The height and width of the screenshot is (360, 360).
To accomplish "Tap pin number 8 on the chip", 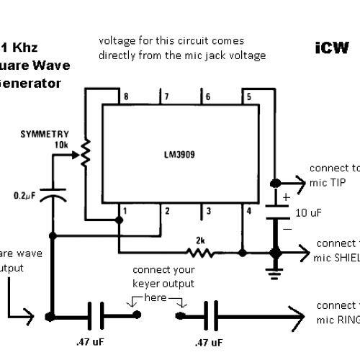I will pyautogui.click(x=127, y=96).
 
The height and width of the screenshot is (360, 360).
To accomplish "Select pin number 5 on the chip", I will pyautogui.click(x=248, y=96).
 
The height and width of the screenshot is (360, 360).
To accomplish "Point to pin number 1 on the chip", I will pyautogui.click(x=125, y=210).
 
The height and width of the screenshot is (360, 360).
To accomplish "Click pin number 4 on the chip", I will pyautogui.click(x=248, y=210).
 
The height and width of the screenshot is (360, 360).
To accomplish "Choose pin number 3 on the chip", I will pyautogui.click(x=207, y=210).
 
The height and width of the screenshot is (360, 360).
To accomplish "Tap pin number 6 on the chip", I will pyautogui.click(x=208, y=96).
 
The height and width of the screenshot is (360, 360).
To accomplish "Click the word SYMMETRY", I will pyautogui.click(x=45, y=135).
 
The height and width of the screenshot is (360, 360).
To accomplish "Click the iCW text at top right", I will pyautogui.click(x=331, y=48).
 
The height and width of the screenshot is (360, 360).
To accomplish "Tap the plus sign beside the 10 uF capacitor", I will pyautogui.click(x=287, y=195).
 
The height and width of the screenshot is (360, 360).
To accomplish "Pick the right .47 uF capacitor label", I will pyautogui.click(x=209, y=341).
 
